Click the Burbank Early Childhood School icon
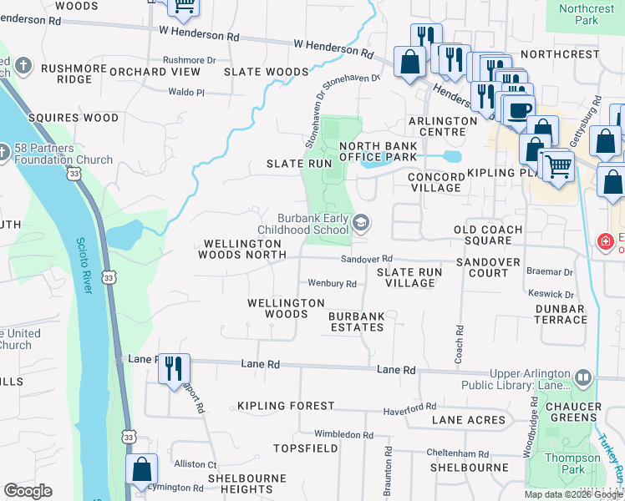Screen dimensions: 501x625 (361, 222)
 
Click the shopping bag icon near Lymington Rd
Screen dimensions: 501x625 (142, 468)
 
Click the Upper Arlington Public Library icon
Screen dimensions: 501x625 (582, 382)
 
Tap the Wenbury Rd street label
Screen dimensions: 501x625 (333, 284)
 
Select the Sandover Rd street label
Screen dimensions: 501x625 (372, 260)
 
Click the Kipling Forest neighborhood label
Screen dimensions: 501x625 (286, 406)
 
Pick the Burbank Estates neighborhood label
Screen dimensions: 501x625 (356, 321)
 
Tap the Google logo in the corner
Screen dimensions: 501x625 (28, 491)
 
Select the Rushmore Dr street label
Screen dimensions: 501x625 (189, 60)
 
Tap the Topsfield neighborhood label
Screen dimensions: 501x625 (303, 448)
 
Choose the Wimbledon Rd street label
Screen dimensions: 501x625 (343, 434)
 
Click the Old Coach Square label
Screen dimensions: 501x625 (488, 235)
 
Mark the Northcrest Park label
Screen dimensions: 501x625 (587, 14)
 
